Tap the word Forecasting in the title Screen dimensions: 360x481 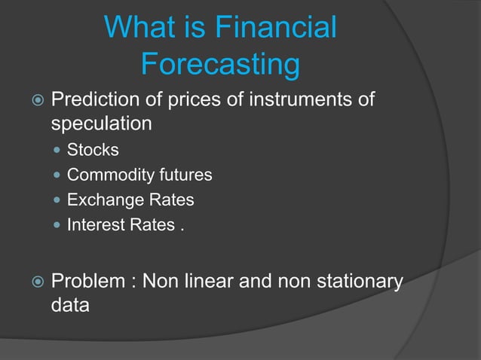(x=220, y=65)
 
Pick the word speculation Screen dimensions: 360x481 (x=101, y=123)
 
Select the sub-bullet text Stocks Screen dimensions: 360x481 (x=93, y=150)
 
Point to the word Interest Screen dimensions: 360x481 (x=92, y=225)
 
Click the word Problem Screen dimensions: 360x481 (x=88, y=282)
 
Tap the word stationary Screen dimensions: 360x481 (x=355, y=282)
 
